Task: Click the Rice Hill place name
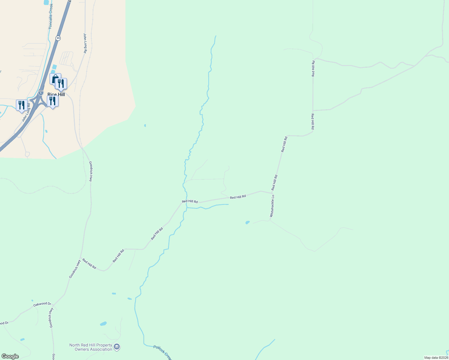pos(56,94)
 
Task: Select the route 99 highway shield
pos(58,38)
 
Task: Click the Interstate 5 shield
pos(41,93)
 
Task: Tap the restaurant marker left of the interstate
pos(22,105)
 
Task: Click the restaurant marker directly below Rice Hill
pos(53,101)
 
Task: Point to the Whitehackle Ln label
pos(272,206)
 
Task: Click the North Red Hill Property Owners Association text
pos(91,347)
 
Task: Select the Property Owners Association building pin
pos(117,347)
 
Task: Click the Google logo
pos(10,356)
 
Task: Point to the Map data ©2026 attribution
pos(436,358)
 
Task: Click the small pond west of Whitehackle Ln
pos(247,222)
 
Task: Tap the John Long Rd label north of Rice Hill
pos(85,43)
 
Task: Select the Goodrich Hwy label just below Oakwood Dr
pos(51,317)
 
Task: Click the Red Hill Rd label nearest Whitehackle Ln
pos(274,182)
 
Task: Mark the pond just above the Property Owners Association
pos(103,324)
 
